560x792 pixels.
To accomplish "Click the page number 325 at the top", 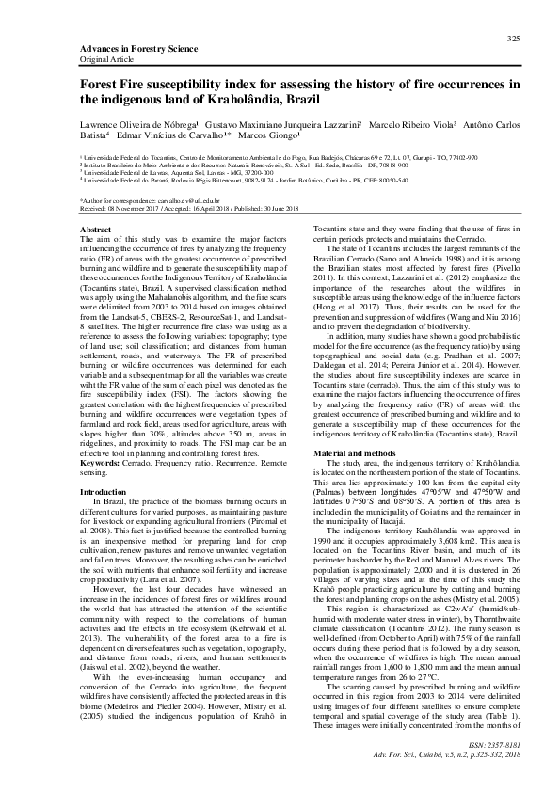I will (513, 38).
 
